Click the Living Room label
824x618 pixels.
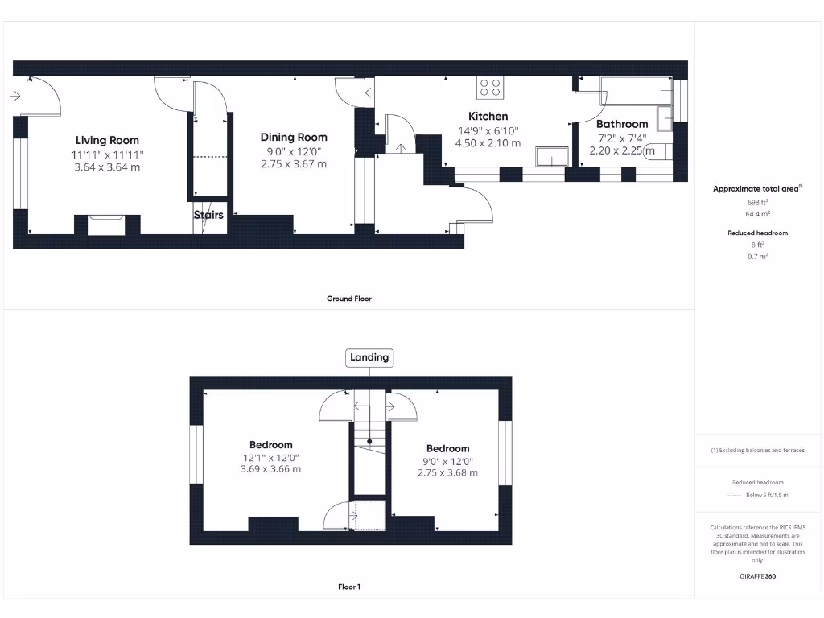point(107,140)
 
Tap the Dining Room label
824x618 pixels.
point(294,137)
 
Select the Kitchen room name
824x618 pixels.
point(488,116)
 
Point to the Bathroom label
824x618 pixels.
point(622,124)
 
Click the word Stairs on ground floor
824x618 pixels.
point(208,215)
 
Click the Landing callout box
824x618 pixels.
point(369,357)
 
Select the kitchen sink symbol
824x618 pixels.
point(552,155)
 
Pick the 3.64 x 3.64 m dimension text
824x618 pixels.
point(107,167)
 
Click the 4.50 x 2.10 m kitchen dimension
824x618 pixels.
point(488,143)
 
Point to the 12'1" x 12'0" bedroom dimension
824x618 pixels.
point(270,458)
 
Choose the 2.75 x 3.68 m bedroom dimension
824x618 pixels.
point(447,473)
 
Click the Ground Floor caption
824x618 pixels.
point(348,299)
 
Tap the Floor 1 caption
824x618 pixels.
point(348,587)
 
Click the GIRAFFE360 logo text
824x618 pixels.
point(756,576)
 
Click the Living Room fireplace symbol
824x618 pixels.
point(106,224)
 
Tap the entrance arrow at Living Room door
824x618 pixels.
point(15,97)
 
